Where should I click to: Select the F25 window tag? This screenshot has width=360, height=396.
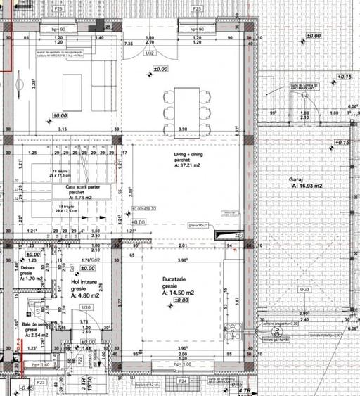click(198, 9)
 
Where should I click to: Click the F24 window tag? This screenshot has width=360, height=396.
click(183, 381)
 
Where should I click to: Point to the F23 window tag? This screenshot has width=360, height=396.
click(41, 382)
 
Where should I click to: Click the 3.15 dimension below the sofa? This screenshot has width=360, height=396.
click(62, 130)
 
